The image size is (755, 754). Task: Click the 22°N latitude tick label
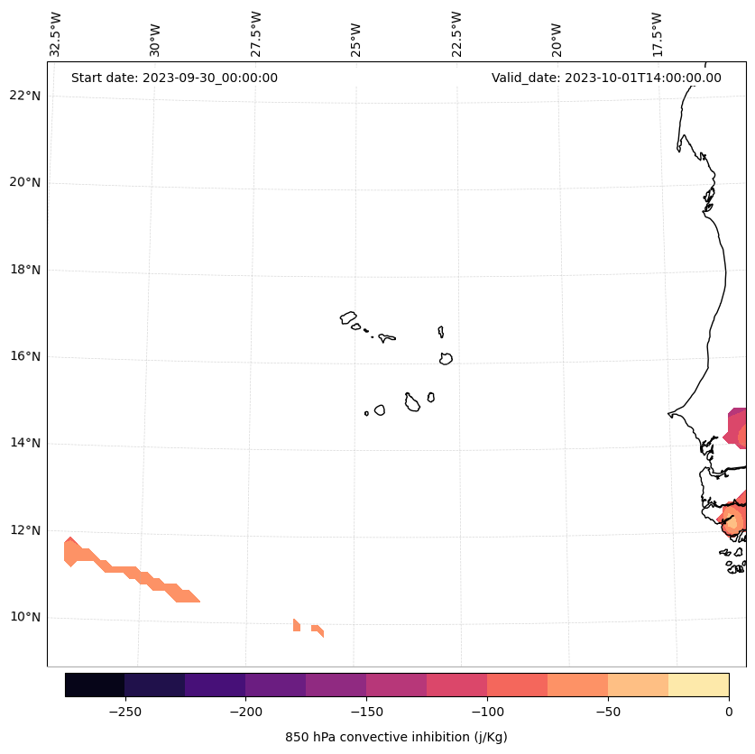click(23, 96)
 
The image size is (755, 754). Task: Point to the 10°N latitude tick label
click(23, 618)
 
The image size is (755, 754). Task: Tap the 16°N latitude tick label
click(23, 356)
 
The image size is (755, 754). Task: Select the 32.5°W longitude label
click(57, 33)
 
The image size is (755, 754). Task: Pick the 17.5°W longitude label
click(657, 33)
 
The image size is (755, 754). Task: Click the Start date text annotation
click(174, 78)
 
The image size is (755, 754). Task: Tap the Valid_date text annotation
click(606, 78)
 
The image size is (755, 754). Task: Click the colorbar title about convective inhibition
click(396, 737)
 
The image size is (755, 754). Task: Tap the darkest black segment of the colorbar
click(95, 685)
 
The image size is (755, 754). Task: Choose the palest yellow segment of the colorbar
click(698, 685)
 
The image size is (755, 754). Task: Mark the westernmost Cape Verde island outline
click(348, 317)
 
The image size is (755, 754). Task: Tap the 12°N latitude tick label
click(23, 530)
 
